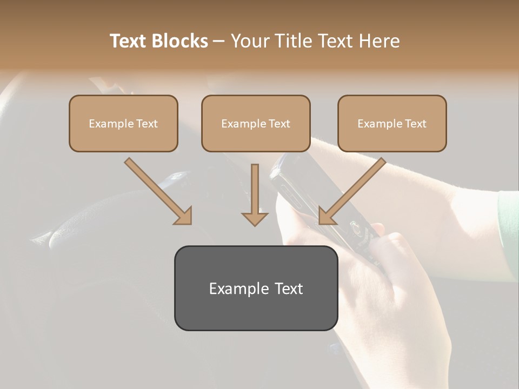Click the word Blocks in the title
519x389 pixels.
[181, 41]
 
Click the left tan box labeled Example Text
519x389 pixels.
[123, 124]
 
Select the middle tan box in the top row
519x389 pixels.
[256, 124]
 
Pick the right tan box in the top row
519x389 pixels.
[392, 124]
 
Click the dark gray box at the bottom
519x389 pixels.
[256, 288]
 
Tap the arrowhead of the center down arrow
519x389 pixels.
[255, 218]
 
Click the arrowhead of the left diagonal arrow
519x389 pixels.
[184, 216]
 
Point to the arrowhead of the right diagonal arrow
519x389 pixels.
[326, 216]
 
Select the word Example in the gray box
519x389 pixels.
[236, 289]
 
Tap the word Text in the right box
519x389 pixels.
[415, 124]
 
